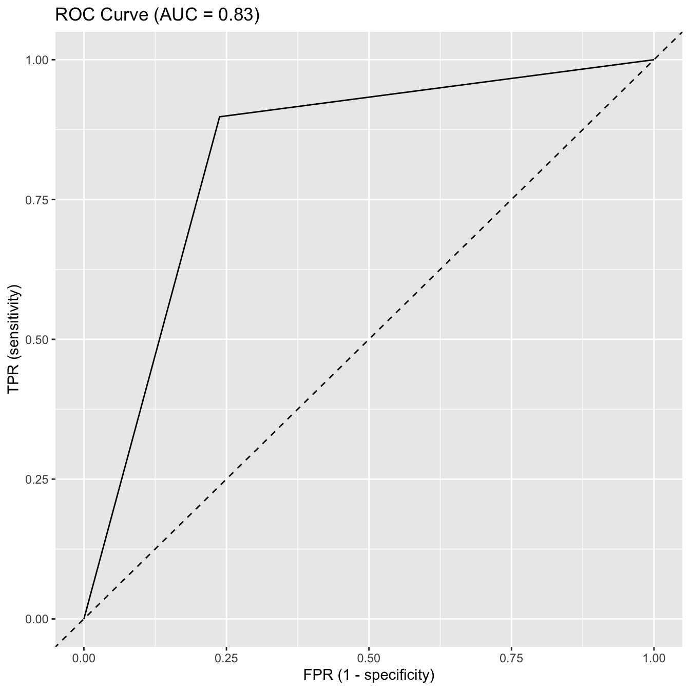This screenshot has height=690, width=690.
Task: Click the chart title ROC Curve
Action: click(103, 15)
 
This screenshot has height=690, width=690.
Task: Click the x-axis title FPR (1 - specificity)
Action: click(369, 674)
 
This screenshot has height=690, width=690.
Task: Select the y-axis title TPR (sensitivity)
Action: click(14, 339)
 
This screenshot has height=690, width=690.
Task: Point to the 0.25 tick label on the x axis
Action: click(226, 658)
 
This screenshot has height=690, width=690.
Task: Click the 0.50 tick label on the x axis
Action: click(369, 658)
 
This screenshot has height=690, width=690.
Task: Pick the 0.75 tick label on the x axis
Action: click(511, 658)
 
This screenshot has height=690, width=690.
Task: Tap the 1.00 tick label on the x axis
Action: click(654, 658)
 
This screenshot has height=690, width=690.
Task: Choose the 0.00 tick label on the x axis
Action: click(84, 658)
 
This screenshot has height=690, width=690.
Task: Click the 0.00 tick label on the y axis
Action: click(37, 619)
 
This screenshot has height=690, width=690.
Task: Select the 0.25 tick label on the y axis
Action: click(37, 480)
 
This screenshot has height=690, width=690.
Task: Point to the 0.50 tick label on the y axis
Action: click(37, 339)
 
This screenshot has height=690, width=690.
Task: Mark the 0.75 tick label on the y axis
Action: click(37, 200)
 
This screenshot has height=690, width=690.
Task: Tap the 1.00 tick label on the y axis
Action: click(37, 60)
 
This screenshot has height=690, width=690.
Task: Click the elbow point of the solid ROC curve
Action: click(220, 117)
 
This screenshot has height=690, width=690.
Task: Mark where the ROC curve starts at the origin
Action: click(84, 619)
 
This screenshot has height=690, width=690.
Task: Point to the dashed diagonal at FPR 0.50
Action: click(369, 339)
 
